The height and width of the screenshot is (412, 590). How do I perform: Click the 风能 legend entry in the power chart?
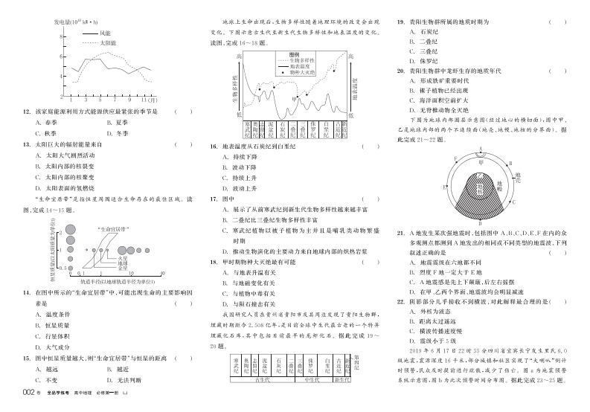click(x=104, y=33)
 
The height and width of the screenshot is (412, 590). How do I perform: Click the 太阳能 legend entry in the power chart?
click(x=106, y=43)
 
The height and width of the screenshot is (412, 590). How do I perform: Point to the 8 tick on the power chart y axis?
click(x=62, y=39)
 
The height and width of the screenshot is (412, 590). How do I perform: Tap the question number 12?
click(x=27, y=112)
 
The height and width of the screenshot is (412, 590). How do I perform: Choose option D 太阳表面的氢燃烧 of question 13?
click(x=68, y=189)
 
